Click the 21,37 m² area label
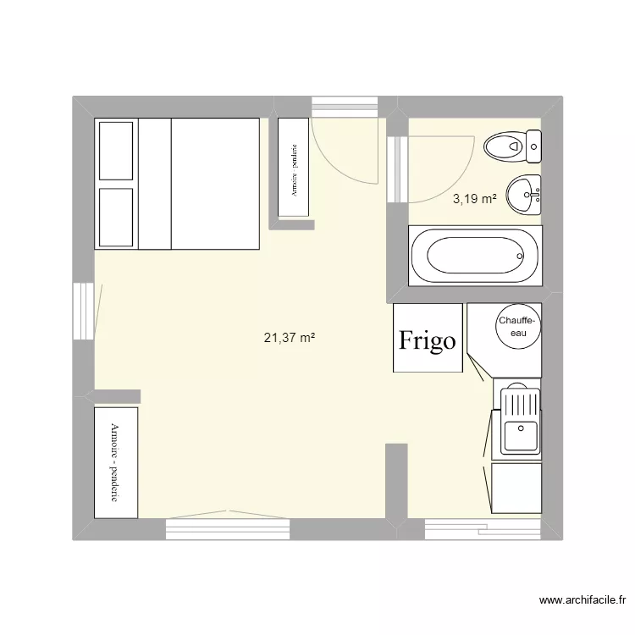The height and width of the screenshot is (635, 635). pos(290,338)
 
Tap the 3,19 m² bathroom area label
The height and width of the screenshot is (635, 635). pos(474,200)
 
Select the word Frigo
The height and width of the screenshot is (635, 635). pos(428,340)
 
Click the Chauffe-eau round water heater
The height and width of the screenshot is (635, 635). pos(516,327)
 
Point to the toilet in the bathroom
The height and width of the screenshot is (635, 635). pos(513,146)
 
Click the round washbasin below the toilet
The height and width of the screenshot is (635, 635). pos(524,196)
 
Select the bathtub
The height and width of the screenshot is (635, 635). pos(473,256)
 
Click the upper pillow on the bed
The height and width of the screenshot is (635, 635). pos(116,150)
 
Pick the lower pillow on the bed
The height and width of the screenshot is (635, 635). pos(116,217)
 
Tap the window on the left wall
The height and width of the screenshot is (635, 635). pos(83,311)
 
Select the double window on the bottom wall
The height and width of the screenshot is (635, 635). pos(227,528)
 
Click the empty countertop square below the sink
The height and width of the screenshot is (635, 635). pos(516,488)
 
